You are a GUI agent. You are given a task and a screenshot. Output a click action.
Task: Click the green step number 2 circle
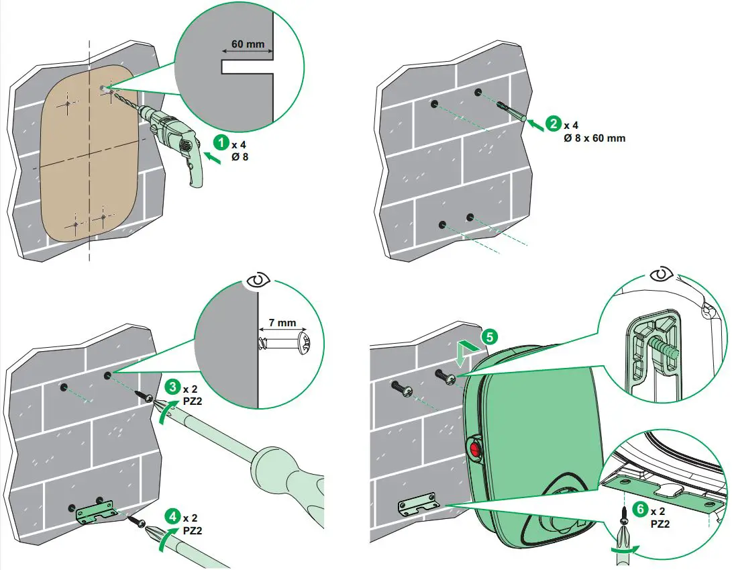[x=553, y=124]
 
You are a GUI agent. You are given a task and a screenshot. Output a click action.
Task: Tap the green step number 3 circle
[x=173, y=387]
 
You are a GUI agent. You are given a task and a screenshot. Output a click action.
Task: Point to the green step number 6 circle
[x=641, y=509]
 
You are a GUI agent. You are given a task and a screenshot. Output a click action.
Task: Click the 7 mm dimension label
[x=282, y=323]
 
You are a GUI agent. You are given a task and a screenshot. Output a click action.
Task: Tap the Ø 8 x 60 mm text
[x=594, y=138]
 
